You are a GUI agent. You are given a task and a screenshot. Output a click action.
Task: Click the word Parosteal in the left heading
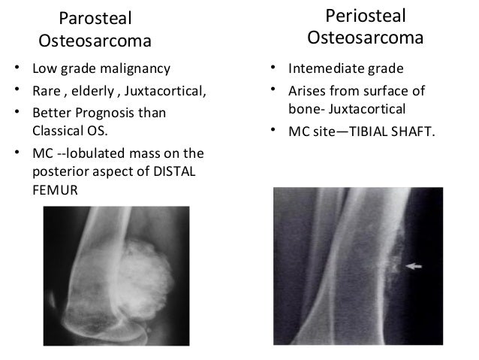click(x=92, y=17)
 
